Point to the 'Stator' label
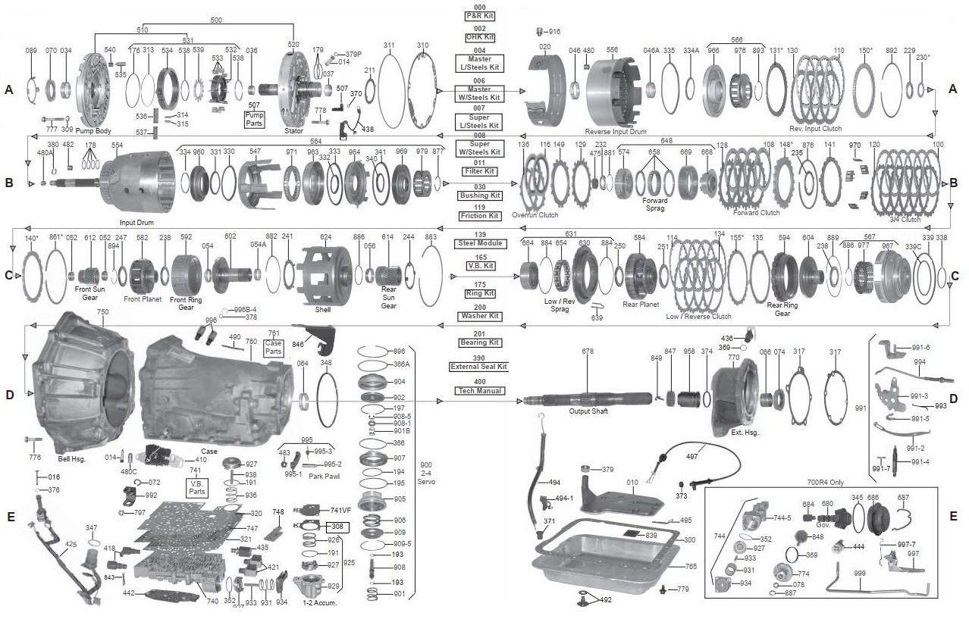pos(293,130)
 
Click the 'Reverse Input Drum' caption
pos(615,130)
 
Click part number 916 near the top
pos(553,31)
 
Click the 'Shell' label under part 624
pos(323,309)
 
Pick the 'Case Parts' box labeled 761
pos(274,348)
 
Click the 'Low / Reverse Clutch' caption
pos(699,316)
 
